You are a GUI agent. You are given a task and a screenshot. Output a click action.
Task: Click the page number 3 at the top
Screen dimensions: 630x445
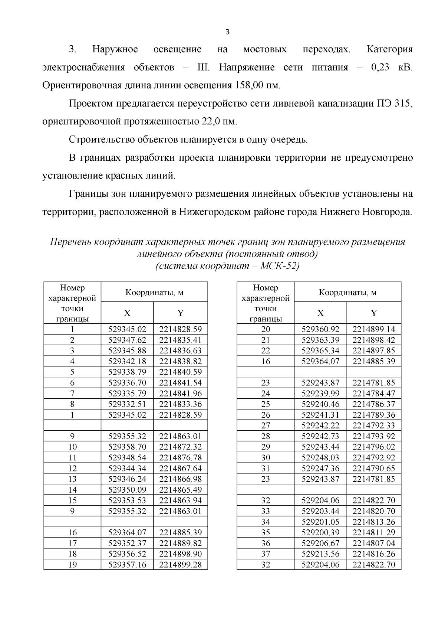228,32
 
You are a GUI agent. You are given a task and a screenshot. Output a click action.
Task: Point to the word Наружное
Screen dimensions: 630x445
115,49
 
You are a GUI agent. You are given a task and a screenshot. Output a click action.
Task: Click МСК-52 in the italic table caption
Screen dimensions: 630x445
279,266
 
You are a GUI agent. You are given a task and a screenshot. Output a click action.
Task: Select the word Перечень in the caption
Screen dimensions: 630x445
70,242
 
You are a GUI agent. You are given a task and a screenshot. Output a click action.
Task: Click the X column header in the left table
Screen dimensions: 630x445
127,313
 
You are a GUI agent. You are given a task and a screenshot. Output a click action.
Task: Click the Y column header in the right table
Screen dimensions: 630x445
374,313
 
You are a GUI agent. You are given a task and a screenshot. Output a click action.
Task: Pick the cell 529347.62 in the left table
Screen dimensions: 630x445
127,340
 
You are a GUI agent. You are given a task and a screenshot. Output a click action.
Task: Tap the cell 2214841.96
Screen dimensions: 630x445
180,393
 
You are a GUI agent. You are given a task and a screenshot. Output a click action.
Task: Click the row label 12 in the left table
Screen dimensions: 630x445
72,468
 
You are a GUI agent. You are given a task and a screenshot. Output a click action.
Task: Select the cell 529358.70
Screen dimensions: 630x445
127,447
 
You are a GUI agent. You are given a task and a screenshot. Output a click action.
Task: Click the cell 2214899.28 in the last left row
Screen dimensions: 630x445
180,565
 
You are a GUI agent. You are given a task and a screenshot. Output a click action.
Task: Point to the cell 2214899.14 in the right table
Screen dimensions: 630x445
374,329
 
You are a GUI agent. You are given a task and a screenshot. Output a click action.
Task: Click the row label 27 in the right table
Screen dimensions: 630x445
266,425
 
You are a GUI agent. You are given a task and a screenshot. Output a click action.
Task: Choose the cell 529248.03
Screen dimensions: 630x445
320,457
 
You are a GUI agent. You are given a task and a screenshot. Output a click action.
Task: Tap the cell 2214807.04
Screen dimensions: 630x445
374,543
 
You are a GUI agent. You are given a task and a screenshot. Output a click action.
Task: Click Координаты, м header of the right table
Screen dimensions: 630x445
347,292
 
